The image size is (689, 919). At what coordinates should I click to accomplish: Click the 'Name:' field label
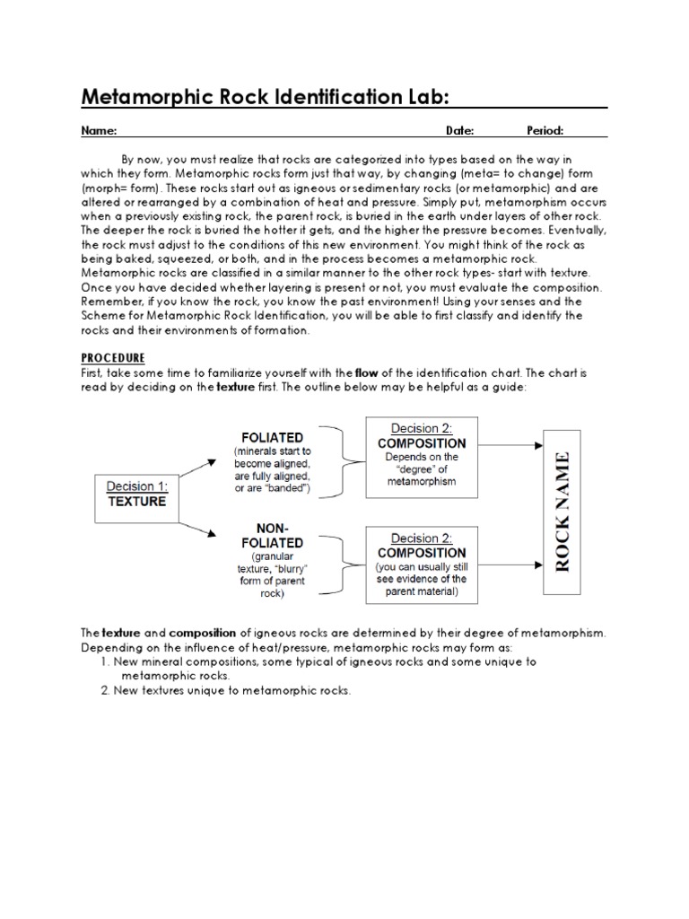pyautogui.click(x=100, y=131)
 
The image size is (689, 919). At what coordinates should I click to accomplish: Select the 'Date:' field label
pyautogui.click(x=459, y=131)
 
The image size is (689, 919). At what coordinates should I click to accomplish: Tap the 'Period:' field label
pyautogui.click(x=545, y=131)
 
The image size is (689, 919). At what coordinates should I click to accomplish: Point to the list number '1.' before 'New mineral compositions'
pyautogui.click(x=104, y=661)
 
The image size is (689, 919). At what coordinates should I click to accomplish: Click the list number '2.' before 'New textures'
pyautogui.click(x=104, y=690)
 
